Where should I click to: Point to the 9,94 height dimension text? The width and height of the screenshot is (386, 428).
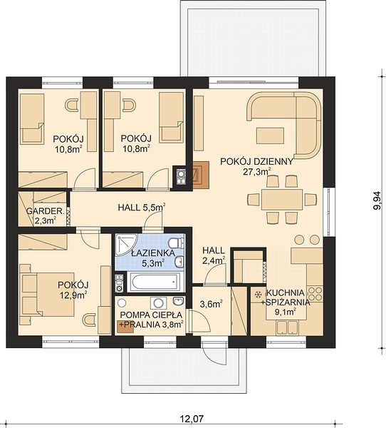[x=377, y=200]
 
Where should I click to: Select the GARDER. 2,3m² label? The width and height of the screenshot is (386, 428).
[x=46, y=215]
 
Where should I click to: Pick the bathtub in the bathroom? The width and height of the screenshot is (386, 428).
[x=155, y=282]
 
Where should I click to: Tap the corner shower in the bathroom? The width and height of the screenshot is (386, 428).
[x=127, y=245]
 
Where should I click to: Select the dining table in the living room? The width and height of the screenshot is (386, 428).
[x=282, y=199]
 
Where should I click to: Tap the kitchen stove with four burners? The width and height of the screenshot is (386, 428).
[x=315, y=293]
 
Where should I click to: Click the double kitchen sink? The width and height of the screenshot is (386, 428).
[x=287, y=327]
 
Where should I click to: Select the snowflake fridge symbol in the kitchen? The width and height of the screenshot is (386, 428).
[x=257, y=295]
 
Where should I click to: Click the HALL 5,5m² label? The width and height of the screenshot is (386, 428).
[x=142, y=208]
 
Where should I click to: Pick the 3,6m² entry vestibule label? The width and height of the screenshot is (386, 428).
[x=212, y=304]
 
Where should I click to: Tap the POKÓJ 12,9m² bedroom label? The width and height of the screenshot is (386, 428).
[x=73, y=290]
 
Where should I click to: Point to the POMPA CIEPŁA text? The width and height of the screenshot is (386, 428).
[x=151, y=315]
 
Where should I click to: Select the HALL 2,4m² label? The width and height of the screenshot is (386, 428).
[x=214, y=255]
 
